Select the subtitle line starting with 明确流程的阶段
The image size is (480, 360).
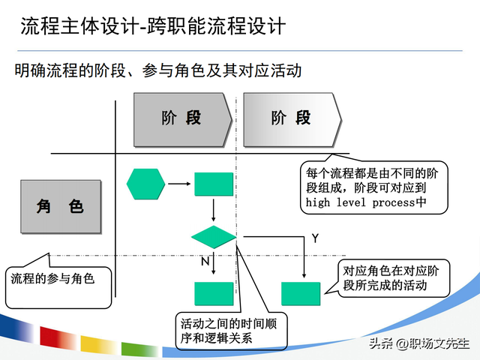[157, 71]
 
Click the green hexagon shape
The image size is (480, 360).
[145, 184]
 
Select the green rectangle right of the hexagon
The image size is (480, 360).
[214, 184]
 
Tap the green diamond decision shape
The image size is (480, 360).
[214, 238]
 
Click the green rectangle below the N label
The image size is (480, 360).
[214, 293]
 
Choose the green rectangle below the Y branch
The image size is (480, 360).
[301, 293]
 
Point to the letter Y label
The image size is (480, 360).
[316, 238]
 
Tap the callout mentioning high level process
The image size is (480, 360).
[373, 187]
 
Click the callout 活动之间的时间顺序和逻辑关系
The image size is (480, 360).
[222, 330]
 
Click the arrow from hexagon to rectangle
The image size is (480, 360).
[178, 184]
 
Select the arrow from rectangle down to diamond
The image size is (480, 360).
[214, 210]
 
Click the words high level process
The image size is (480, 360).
[360, 202]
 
